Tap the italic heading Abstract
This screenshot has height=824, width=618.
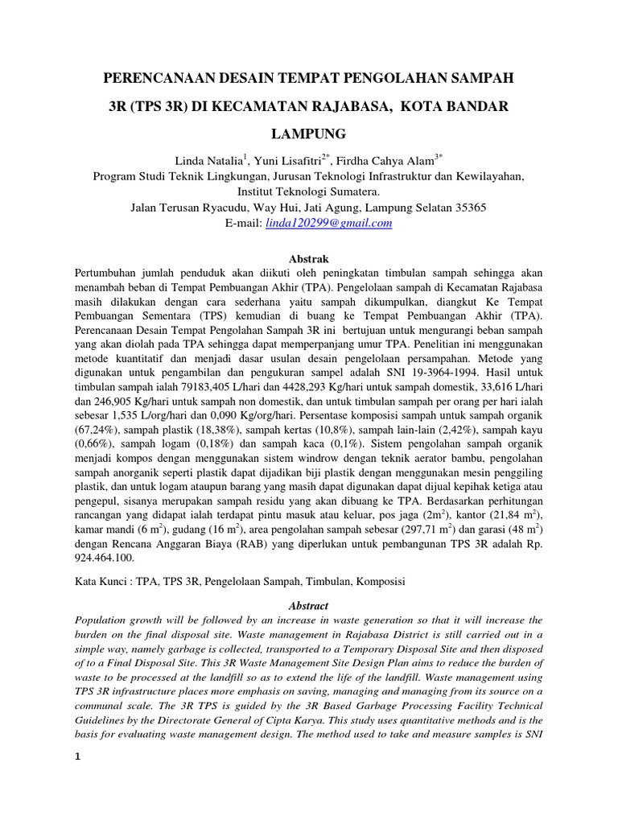tap(309, 605)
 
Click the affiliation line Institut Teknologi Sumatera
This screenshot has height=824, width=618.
tap(309, 192)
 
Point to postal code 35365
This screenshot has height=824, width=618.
tap(468, 208)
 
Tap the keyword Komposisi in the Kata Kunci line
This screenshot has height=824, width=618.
tap(380, 580)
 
